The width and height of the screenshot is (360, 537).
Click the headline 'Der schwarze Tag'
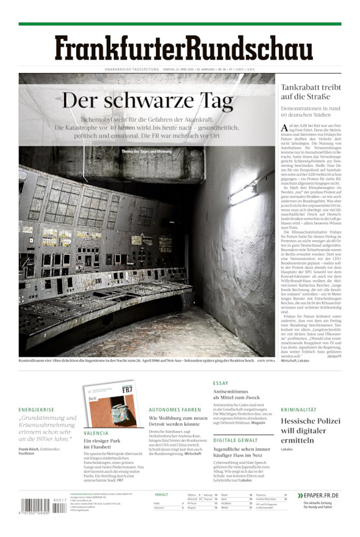(x=148, y=102)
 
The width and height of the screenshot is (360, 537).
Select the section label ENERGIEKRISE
(x=36, y=410)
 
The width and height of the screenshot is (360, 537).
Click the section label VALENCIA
(x=96, y=433)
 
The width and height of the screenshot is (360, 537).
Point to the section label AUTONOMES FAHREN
(x=175, y=410)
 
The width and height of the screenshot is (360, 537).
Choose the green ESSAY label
(x=220, y=384)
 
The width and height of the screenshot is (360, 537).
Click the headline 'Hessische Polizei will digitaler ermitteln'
(x=310, y=430)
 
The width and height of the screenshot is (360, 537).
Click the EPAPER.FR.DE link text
(x=321, y=495)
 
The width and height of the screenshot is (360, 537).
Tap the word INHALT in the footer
(x=161, y=494)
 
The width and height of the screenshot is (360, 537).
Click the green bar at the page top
(x=179, y=24)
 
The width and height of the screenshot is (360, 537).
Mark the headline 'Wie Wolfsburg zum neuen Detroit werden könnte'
(x=177, y=422)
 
